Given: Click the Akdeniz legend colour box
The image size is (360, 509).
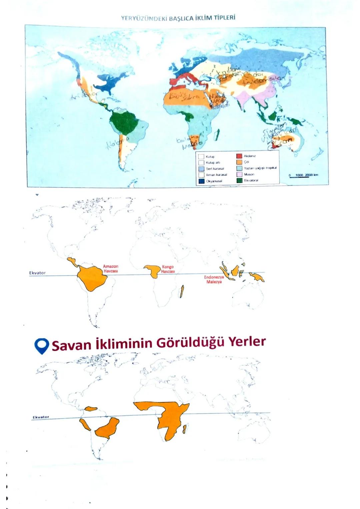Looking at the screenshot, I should [x=239, y=156].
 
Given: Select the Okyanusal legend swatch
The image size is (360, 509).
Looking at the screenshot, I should [x=201, y=181].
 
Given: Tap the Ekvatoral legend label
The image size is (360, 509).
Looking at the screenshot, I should [x=251, y=180].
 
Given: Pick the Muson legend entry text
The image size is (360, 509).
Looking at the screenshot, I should [x=249, y=174].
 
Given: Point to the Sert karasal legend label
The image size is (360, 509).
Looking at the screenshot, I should [x=215, y=169].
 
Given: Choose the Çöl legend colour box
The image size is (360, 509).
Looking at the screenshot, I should [x=239, y=162].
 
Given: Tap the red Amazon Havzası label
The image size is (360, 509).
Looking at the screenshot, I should [x=110, y=269].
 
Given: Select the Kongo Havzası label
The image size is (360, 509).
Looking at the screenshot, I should [x=168, y=269].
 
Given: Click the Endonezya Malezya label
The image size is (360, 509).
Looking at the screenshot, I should [x=214, y=279].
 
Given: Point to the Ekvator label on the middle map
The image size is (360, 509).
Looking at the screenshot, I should [x=37, y=273].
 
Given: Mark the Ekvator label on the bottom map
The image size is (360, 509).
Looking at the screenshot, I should [x=41, y=417].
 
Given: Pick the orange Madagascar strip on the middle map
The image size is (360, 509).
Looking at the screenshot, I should [x=182, y=291].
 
